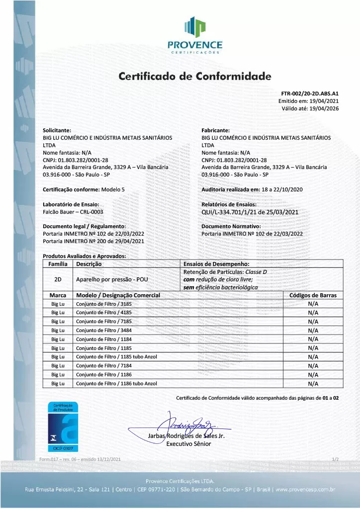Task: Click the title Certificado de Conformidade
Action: click(195, 77)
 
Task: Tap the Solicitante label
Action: click(57, 130)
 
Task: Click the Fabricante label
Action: click(216, 130)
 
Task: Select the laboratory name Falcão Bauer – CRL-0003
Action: click(73, 212)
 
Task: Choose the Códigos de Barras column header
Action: click(313, 295)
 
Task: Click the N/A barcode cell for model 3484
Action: click(313, 331)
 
